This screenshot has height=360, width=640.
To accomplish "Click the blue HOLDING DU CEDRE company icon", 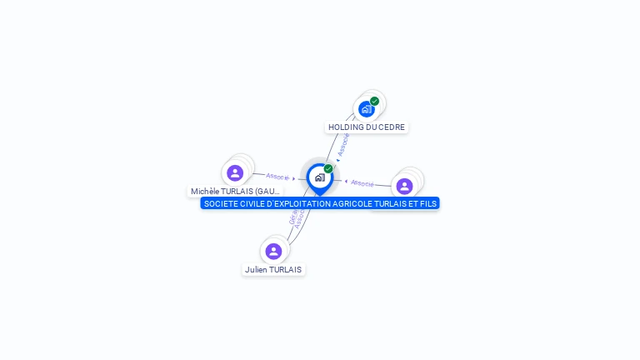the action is pos(366,109).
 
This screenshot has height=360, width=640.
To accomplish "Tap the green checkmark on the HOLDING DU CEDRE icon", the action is pos(375,101).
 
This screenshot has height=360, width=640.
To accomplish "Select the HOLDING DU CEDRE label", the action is pos(367,127).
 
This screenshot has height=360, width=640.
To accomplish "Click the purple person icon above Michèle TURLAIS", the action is pos(235,172).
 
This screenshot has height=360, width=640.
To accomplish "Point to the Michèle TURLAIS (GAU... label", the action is pos(235,192).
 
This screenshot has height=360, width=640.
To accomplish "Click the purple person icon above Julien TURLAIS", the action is pos(273,251).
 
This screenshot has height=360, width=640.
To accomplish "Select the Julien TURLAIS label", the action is pos(273,270).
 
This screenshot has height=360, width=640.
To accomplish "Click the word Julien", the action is pos(256,270).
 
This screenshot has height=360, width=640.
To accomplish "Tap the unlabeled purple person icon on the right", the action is pos(404,186).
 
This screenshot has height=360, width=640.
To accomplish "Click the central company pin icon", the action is pos(319,177).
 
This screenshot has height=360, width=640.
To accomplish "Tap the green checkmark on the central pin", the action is pos(328,168).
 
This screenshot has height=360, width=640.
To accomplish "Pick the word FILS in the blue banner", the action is pos(427,203).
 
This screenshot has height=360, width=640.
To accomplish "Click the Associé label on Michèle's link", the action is pos(277,177).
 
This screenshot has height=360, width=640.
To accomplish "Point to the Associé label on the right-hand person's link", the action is pos(362,182).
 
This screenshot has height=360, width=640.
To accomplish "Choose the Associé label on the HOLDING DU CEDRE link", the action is pos(343,143).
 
